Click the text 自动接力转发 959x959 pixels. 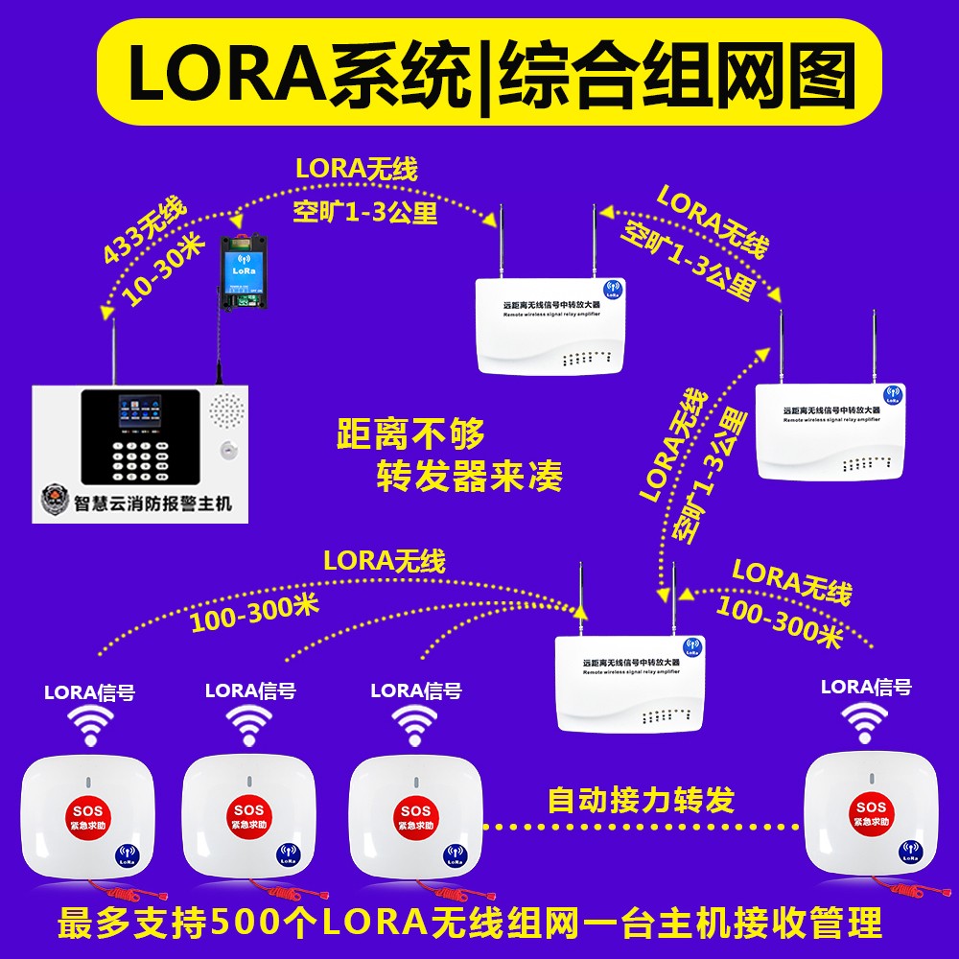[640, 799]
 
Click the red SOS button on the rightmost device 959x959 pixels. [871, 814]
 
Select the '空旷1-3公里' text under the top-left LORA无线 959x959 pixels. [364, 212]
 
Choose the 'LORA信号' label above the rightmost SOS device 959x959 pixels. [866, 687]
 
